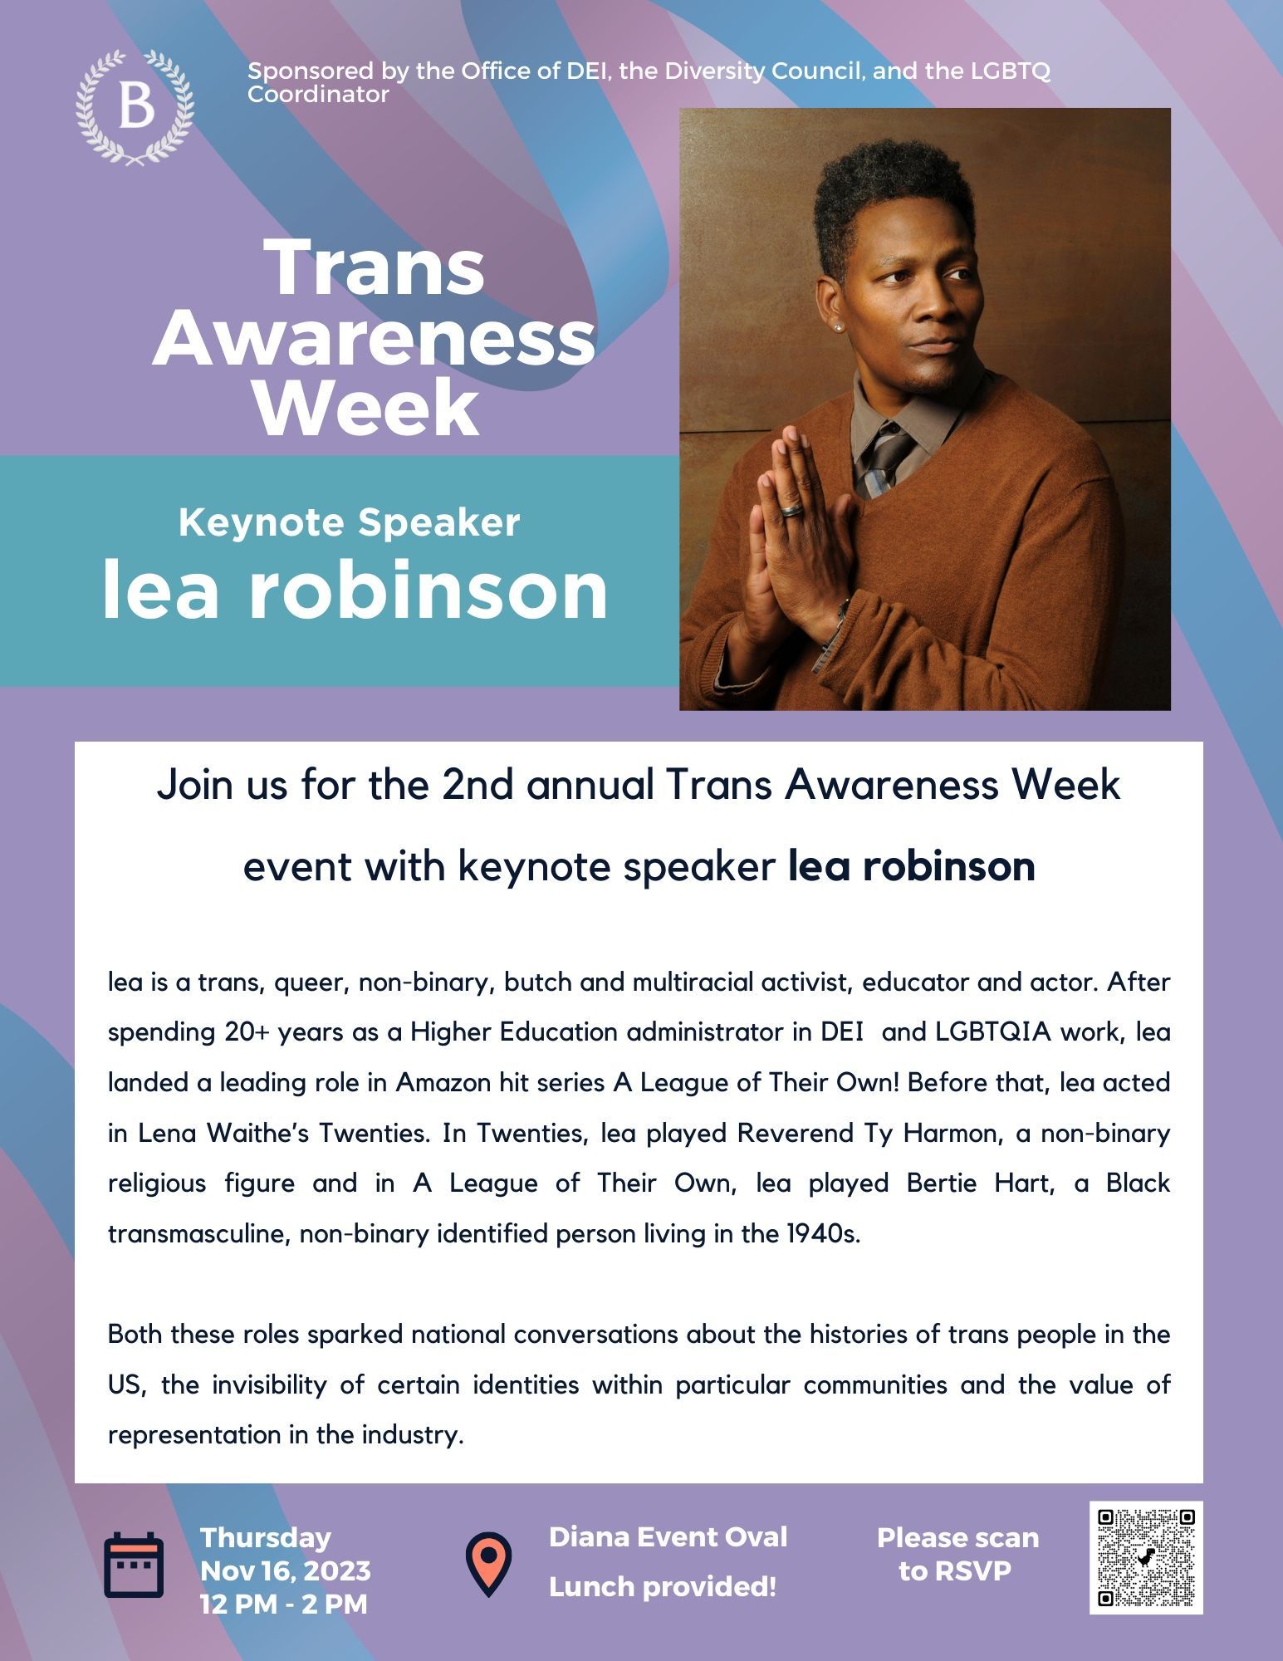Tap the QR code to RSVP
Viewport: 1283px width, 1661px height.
click(1146, 1558)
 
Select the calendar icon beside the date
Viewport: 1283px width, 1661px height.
click(133, 1565)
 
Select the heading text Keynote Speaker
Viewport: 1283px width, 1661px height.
click(349, 522)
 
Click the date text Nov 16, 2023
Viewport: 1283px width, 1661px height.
click(286, 1571)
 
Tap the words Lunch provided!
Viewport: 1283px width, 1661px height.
click(663, 1587)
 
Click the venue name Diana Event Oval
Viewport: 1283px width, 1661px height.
click(668, 1537)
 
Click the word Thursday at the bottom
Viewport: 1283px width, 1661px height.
click(266, 1538)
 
